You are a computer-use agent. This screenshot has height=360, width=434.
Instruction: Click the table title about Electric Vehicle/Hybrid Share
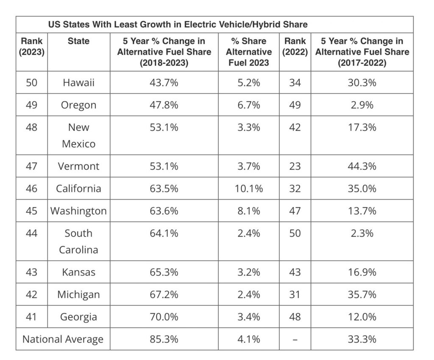(178, 25)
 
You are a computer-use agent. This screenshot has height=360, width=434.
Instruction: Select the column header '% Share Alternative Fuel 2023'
(249, 52)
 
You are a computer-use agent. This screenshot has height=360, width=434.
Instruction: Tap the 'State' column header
(78, 41)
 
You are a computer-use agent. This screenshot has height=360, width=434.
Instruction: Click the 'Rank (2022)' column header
(295, 47)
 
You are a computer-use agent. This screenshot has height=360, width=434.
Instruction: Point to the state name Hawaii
(78, 83)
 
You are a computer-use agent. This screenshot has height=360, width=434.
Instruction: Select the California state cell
(78, 188)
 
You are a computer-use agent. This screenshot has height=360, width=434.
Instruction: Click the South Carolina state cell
(78, 241)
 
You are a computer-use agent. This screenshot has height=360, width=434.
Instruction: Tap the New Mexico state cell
(78, 136)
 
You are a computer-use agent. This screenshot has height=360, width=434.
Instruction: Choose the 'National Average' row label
(63, 339)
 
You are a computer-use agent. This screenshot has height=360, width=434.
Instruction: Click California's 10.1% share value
(249, 188)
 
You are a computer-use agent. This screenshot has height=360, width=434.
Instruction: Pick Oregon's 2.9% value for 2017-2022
(362, 105)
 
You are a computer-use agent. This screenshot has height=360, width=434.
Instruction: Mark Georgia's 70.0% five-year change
(164, 317)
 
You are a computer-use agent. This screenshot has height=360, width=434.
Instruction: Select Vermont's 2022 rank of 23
(295, 166)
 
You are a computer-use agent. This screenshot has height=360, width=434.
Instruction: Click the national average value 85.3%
(164, 339)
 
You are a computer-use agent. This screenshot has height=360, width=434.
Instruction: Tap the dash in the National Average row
(295, 339)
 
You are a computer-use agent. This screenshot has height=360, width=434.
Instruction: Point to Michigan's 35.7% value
(362, 294)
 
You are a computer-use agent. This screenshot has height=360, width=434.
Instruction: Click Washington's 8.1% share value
(249, 210)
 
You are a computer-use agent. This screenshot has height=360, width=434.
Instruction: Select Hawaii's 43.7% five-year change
(164, 83)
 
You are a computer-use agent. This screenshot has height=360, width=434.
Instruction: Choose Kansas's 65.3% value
(164, 272)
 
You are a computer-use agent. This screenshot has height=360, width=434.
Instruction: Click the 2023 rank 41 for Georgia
(31, 317)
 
